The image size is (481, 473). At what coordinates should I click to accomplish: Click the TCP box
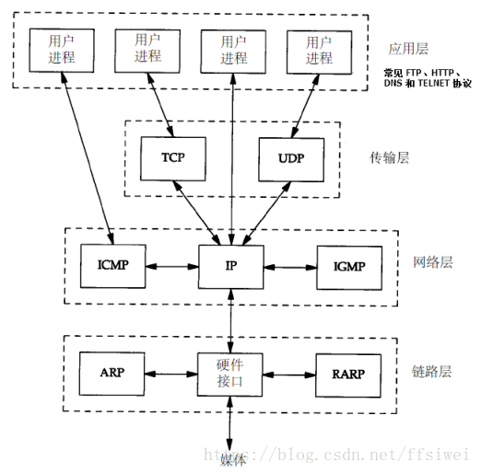173,158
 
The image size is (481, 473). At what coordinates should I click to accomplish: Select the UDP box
291,159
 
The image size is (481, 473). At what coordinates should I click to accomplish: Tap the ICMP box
113,266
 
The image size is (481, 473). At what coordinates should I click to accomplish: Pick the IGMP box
349,268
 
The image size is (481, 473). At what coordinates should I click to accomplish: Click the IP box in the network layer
231,267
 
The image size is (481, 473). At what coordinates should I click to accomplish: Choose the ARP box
112,374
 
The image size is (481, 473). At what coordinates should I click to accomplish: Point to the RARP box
348,375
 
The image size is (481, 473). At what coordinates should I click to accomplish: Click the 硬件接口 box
230,375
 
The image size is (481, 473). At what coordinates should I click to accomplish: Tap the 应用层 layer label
408,49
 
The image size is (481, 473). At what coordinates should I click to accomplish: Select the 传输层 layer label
389,157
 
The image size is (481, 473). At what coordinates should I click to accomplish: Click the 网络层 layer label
433,262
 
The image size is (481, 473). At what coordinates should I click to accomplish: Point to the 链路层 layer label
431,372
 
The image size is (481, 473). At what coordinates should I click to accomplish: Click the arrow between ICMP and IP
172,266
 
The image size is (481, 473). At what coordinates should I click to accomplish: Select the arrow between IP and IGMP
290,268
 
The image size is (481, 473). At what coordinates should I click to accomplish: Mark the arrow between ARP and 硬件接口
171,374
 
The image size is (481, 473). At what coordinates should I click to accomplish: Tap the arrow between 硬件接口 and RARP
289,375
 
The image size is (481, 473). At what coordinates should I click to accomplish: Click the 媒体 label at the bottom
233,460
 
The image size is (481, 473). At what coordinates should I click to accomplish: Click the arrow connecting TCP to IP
197,213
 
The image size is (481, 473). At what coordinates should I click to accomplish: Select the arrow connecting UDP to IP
266,213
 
